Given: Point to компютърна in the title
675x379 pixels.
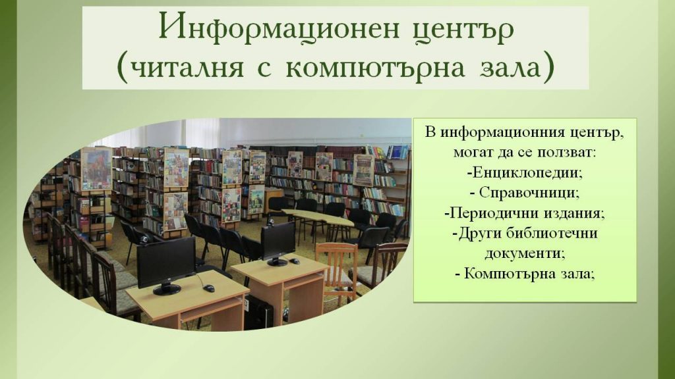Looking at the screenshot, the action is tap(375, 68).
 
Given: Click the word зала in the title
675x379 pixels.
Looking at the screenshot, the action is tap(511, 68).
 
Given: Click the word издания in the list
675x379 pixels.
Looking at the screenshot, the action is tap(567, 214).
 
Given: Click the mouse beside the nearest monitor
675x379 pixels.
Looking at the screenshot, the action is tap(209, 288).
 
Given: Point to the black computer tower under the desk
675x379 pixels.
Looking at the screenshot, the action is tap(258, 313).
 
